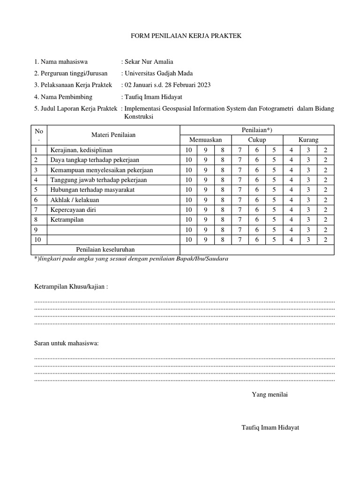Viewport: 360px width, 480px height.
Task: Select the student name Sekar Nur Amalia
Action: (x=147, y=61)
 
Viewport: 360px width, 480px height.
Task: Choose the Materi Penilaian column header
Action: (x=113, y=135)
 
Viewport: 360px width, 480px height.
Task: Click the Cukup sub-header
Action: (x=257, y=140)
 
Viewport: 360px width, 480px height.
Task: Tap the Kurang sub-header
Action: (x=308, y=140)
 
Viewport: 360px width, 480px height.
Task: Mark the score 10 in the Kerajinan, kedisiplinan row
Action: (x=188, y=150)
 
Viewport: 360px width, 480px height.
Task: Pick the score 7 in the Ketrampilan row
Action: (x=240, y=219)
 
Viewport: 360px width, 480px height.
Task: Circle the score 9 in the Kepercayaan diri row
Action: (x=205, y=210)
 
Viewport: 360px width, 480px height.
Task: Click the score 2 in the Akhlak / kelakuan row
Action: (x=325, y=200)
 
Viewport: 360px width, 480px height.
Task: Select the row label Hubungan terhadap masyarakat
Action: (x=92, y=190)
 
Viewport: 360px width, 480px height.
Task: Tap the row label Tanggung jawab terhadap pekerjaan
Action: (x=98, y=180)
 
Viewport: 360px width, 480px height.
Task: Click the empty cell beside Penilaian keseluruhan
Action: (x=257, y=249)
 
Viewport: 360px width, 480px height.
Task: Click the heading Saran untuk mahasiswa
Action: (x=67, y=343)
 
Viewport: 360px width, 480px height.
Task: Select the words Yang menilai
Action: (x=270, y=394)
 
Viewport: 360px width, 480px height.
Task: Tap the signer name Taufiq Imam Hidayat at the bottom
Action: (x=270, y=427)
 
